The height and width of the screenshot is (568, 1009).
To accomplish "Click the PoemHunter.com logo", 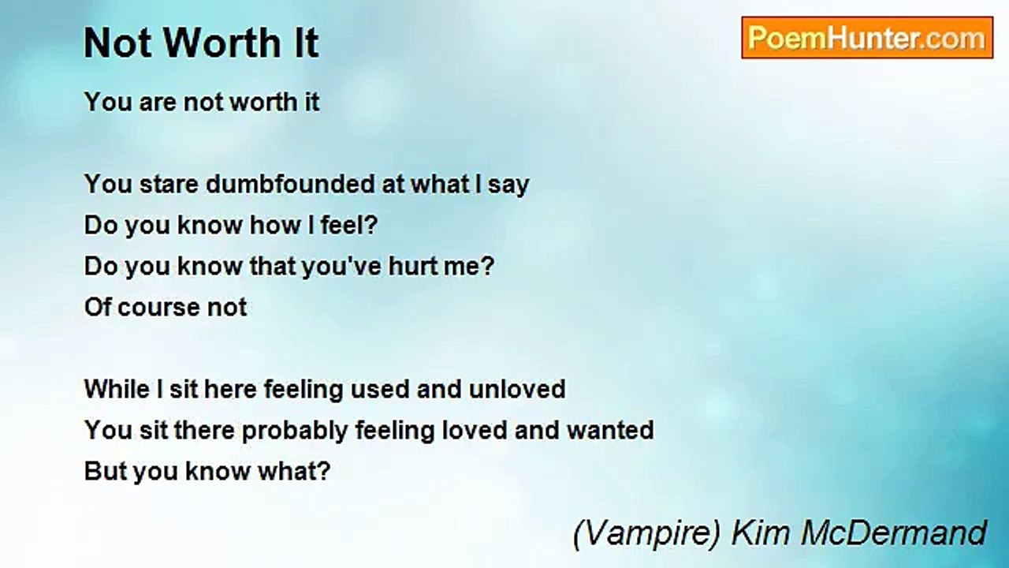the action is [867, 38].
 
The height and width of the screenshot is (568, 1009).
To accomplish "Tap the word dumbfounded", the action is [290, 185].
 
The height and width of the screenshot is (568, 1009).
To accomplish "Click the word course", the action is [158, 308].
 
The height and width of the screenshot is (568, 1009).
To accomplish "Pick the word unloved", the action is [516, 389].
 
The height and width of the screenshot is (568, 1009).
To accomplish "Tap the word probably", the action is [295, 432].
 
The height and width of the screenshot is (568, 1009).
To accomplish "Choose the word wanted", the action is [610, 430].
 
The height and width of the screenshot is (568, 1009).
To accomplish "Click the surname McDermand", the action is [894, 532].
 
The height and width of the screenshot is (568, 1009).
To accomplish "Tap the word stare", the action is [169, 185].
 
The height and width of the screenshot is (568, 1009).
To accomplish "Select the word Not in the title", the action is [118, 43].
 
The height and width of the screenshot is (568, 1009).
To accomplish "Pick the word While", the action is [117, 389].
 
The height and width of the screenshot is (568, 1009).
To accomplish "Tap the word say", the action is [508, 186].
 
